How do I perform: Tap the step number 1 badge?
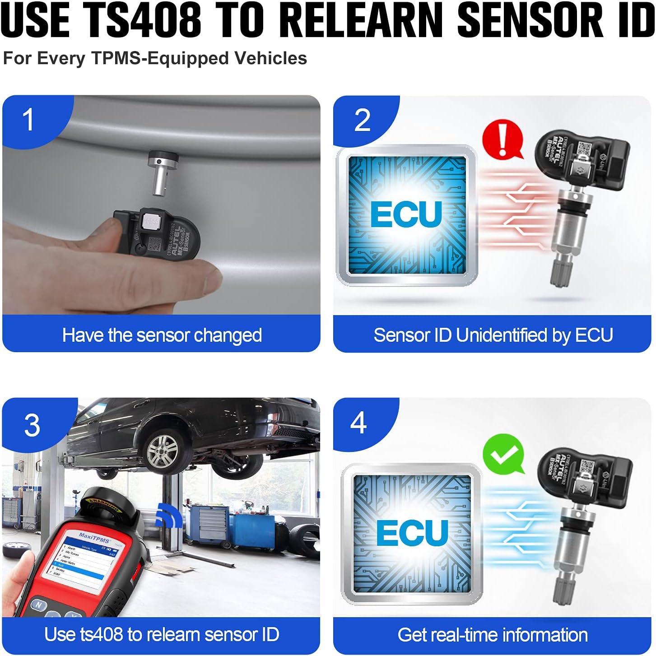click(x=28, y=120)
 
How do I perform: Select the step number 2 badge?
click(x=362, y=120)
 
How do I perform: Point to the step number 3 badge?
click(x=32, y=425)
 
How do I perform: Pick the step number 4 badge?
click(x=358, y=423)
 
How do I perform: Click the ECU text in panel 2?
click(x=406, y=214)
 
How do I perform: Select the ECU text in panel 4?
click(x=412, y=533)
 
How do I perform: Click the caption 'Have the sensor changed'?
click(x=162, y=335)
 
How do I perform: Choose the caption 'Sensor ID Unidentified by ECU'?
click(x=493, y=335)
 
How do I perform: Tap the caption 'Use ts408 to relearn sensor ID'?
click(x=162, y=634)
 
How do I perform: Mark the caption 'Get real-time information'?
click(x=493, y=635)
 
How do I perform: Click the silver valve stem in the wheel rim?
click(x=160, y=174)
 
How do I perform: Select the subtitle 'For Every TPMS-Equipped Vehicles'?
click(x=155, y=59)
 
